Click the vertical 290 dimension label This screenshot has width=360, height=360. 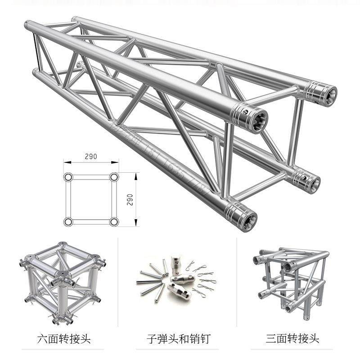coord(130,199)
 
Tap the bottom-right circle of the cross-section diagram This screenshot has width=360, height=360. coord(114,221)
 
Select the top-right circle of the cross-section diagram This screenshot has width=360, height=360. coord(114,177)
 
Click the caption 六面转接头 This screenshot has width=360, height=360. coord(64,339)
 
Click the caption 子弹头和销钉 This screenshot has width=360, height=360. coord(178,339)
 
